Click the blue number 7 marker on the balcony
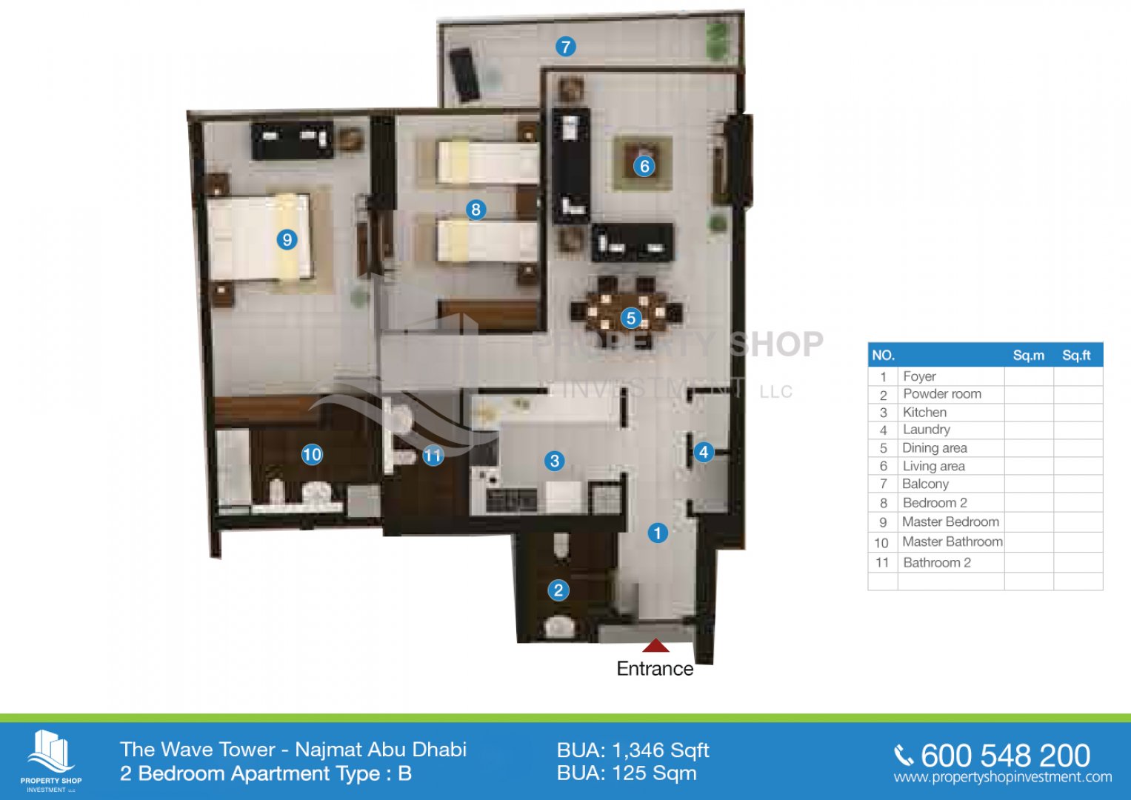(x=566, y=47)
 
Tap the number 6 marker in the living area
(x=644, y=166)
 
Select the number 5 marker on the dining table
(x=630, y=319)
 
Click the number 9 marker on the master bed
(x=287, y=239)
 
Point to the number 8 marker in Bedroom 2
(x=476, y=209)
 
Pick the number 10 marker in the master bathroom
(x=312, y=455)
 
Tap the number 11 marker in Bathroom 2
(x=433, y=456)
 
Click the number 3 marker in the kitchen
(x=555, y=461)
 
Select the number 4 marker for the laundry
(x=704, y=452)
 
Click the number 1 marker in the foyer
(x=658, y=533)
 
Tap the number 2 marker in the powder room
(x=558, y=590)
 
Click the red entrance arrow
(x=655, y=645)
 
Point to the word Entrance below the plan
(x=655, y=669)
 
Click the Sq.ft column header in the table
(x=1076, y=356)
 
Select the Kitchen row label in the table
(x=924, y=412)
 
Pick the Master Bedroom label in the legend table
(x=950, y=521)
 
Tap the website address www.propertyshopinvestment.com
(x=1003, y=777)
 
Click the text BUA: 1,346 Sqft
(x=633, y=750)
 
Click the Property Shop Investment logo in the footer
(x=51, y=760)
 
